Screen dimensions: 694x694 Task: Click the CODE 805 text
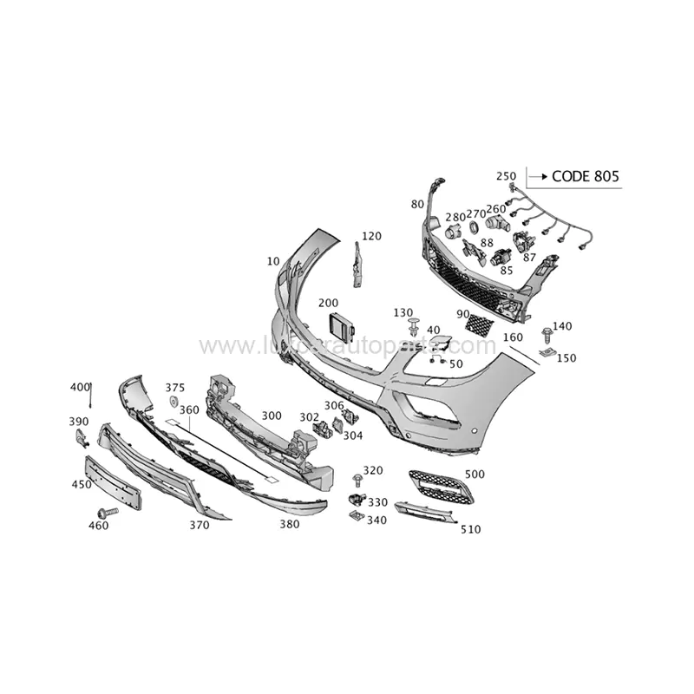coord(586,177)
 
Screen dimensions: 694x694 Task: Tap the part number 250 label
coord(506,176)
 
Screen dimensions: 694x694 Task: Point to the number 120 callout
coord(371,236)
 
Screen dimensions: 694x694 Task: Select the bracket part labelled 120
coord(356,264)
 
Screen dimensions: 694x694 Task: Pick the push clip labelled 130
coord(413,328)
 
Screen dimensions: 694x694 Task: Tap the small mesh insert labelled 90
coord(479,325)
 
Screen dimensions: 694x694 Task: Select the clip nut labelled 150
coord(547,352)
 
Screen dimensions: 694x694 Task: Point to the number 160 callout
coord(513,337)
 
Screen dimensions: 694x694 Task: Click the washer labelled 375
coord(173,402)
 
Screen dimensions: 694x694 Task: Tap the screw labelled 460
coord(108,513)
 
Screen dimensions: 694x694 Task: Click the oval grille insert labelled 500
coord(441,487)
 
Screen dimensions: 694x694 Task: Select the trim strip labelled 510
coord(425,513)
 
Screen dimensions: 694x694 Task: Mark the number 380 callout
coord(289,523)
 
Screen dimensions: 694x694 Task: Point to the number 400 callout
coord(80,386)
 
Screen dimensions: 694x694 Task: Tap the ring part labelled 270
coord(474,227)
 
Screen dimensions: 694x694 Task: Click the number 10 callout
coord(273,260)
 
